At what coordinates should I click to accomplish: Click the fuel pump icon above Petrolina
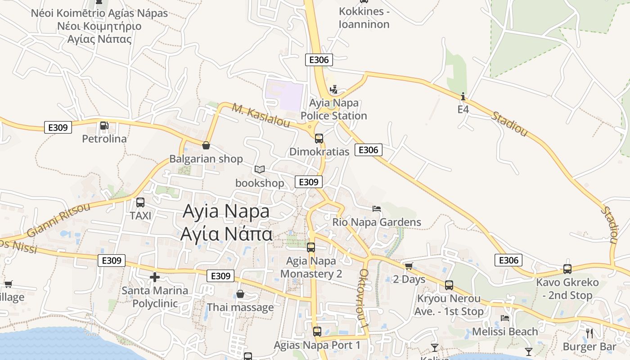click(x=104, y=126)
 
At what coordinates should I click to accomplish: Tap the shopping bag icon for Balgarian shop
click(x=206, y=145)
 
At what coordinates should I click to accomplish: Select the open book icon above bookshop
click(x=259, y=169)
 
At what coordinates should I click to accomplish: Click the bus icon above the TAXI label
click(x=140, y=202)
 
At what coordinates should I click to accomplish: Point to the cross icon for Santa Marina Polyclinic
click(x=155, y=277)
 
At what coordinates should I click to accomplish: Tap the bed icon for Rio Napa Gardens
click(x=377, y=208)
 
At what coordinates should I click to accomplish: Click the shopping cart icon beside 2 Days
click(x=409, y=266)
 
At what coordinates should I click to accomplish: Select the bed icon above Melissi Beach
click(x=505, y=318)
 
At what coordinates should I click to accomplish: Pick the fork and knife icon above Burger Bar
click(x=589, y=333)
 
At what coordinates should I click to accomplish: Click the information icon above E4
click(x=463, y=96)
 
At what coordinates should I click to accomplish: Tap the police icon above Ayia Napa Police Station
click(x=333, y=90)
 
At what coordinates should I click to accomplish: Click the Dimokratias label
click(x=319, y=152)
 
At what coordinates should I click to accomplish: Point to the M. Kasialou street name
click(x=261, y=115)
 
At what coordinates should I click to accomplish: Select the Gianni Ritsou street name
click(x=58, y=220)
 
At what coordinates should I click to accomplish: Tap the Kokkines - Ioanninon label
click(x=364, y=18)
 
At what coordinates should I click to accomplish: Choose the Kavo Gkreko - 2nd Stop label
click(x=567, y=289)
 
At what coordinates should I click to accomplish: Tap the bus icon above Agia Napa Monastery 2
click(x=311, y=247)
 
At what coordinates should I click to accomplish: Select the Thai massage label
click(x=240, y=307)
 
